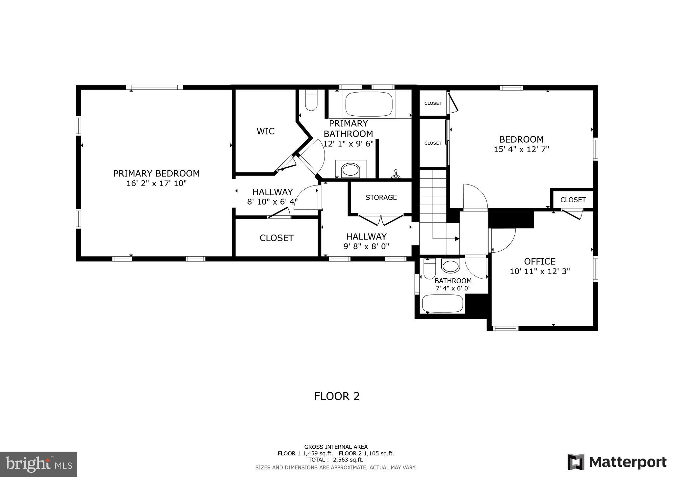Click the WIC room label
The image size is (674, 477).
266,131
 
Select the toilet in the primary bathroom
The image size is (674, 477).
311,100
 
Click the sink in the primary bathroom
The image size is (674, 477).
350,171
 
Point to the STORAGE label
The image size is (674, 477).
381,197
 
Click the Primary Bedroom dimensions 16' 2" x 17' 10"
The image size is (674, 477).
156,183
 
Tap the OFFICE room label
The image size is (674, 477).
540,262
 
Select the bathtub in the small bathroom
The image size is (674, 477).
443,303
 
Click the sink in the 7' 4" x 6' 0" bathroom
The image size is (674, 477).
450,266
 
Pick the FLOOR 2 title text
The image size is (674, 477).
337,396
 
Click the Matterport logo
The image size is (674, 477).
617,462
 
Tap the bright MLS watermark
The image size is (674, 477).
39,464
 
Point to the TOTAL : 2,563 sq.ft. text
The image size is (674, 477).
336,460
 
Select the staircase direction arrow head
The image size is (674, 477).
457,238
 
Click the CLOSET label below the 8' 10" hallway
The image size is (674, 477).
276,238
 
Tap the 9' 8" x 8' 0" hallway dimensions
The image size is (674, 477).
366,246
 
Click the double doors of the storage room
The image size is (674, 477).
381,220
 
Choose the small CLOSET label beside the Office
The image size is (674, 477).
573,200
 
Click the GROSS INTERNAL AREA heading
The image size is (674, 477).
336,447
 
